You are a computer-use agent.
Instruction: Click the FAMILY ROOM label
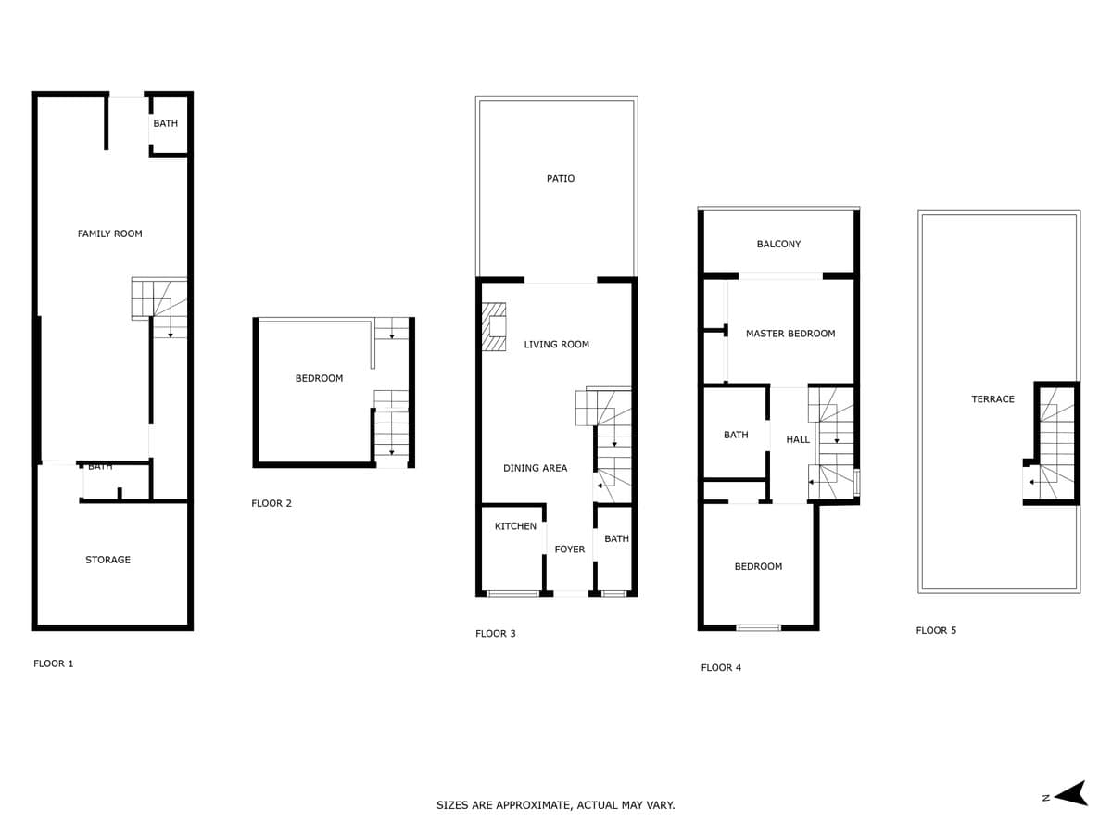109,234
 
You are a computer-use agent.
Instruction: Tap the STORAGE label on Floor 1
107,560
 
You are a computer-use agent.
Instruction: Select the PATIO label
561,178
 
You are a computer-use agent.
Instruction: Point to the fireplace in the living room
493,326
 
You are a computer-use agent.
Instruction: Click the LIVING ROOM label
556,345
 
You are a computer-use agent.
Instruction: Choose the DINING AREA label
535,468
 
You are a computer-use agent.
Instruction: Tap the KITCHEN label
515,526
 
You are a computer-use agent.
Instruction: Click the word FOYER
569,549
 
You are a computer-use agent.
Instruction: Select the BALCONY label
778,244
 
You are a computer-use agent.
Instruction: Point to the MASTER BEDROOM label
790,334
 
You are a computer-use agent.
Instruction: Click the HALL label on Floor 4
798,439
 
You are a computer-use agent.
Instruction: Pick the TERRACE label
993,399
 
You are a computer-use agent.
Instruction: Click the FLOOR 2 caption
272,503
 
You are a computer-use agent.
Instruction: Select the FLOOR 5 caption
936,630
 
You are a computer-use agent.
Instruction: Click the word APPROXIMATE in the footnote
534,805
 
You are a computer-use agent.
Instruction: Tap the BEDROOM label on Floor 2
319,378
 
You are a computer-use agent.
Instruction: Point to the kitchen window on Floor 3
512,593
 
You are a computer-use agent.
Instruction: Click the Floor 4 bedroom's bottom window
758,628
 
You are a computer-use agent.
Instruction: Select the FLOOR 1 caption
54,663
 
